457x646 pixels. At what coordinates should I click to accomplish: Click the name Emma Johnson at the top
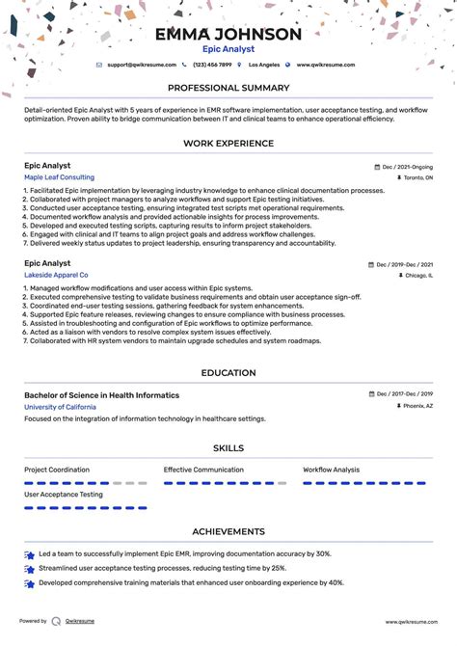point(228,35)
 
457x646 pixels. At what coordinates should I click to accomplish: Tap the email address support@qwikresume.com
point(142,65)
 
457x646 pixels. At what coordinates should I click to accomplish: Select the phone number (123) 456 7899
point(212,65)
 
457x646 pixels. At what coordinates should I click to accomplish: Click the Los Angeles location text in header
point(264,65)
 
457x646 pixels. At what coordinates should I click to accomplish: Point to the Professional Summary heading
point(228,88)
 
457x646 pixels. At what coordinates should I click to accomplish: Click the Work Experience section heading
point(228,143)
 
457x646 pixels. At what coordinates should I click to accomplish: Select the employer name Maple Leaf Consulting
point(59,177)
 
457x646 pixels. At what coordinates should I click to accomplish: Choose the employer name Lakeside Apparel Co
point(56,275)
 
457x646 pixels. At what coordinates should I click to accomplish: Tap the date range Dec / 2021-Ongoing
point(407,167)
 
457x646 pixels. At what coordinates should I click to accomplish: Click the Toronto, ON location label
point(417,178)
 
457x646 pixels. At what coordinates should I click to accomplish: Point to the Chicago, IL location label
point(417,275)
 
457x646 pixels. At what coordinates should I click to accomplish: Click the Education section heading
point(228,373)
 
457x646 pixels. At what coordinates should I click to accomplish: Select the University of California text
point(60,407)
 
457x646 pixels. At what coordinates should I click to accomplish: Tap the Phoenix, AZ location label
point(417,407)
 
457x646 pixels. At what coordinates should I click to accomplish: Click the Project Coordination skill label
point(57,470)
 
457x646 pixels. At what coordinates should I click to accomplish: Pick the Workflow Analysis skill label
point(331,470)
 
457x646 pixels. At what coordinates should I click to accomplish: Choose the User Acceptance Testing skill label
point(64,495)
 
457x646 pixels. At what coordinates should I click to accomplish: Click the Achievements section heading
point(228,531)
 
